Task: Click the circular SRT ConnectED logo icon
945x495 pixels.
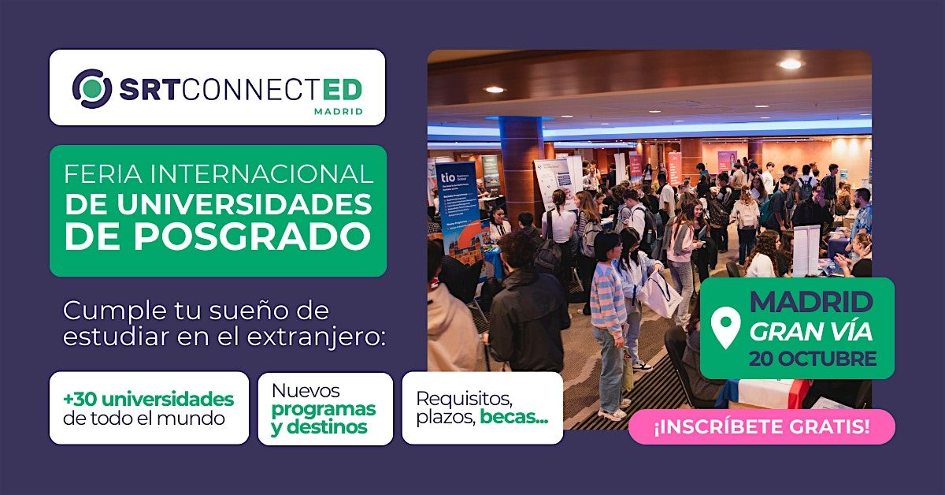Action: coord(92,89)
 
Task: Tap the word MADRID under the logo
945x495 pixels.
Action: coord(339,111)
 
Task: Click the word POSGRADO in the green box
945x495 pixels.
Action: coord(252,236)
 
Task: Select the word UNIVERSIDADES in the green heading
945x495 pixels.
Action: coord(244,204)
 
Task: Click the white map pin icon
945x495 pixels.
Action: coord(725,327)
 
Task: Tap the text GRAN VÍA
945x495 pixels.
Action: coord(810,332)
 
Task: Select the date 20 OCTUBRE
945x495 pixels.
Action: coord(813,359)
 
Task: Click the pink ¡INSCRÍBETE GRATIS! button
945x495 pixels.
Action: coord(762,426)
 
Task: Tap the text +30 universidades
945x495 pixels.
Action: coord(149,399)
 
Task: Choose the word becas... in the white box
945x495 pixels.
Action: coord(513,417)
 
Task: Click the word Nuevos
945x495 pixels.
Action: coord(306,391)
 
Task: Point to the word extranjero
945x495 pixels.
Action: coord(317,337)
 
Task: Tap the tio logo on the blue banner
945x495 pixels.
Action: coord(447,177)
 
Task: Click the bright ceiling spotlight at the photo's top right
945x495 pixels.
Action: coord(790,64)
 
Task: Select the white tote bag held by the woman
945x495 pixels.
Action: coord(659,294)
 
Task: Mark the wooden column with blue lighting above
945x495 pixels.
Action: coord(521,169)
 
